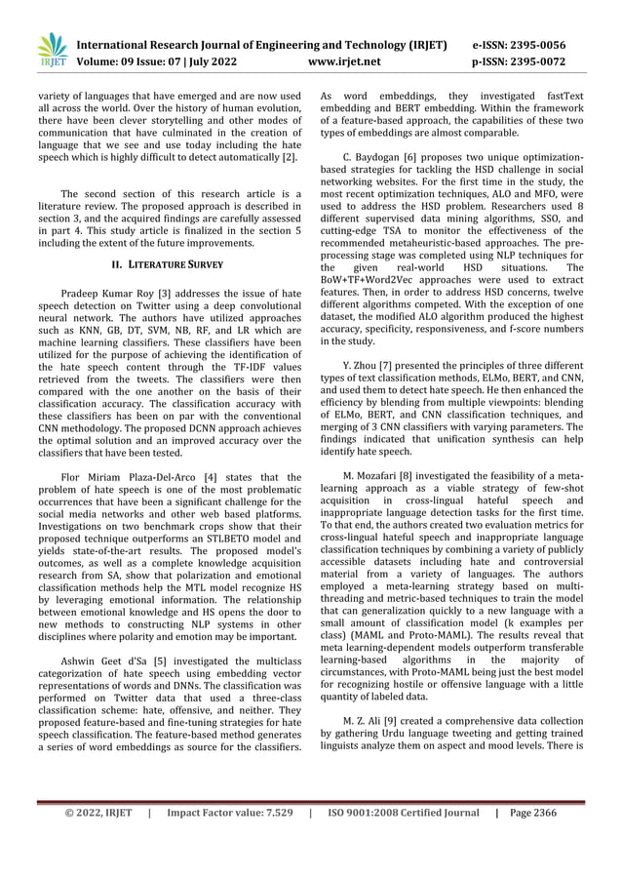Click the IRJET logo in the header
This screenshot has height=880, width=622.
point(51,52)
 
